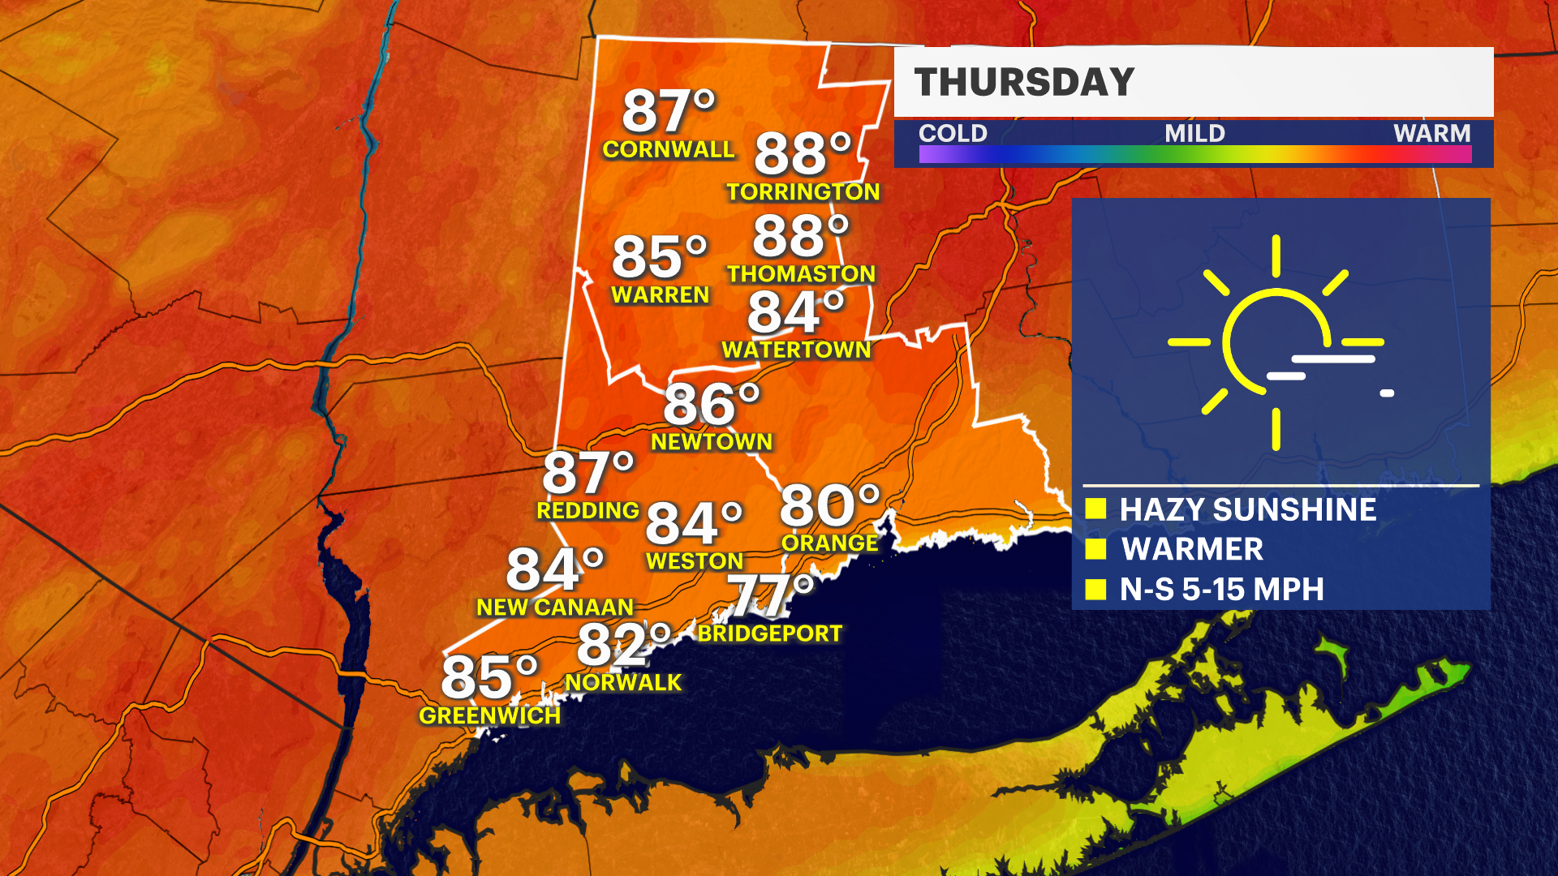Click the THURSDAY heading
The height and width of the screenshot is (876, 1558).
(x=1024, y=83)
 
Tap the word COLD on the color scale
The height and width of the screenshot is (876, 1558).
(x=953, y=133)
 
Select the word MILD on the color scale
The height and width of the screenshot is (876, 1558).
(x=1194, y=133)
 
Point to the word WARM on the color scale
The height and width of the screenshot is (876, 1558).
(x=1431, y=133)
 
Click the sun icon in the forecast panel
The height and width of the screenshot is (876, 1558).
(x=1276, y=342)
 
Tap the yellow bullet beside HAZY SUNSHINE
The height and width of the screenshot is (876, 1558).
(x=1096, y=509)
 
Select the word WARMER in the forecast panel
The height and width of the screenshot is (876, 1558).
(x=1192, y=550)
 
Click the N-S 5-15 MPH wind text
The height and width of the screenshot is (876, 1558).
(x=1221, y=590)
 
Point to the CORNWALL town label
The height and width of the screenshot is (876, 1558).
(x=668, y=150)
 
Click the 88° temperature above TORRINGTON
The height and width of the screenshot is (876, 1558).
(x=802, y=153)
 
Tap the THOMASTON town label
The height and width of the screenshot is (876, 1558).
(x=801, y=274)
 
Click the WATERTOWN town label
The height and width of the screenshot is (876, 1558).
(x=796, y=350)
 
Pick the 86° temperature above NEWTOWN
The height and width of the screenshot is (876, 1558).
(x=711, y=404)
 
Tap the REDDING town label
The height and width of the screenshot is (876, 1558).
(x=587, y=511)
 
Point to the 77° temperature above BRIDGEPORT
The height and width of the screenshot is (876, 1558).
(x=769, y=595)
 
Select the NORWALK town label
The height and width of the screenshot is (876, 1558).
(x=623, y=683)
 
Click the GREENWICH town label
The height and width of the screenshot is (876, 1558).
(x=489, y=715)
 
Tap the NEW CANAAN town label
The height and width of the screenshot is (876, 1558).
(x=554, y=608)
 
